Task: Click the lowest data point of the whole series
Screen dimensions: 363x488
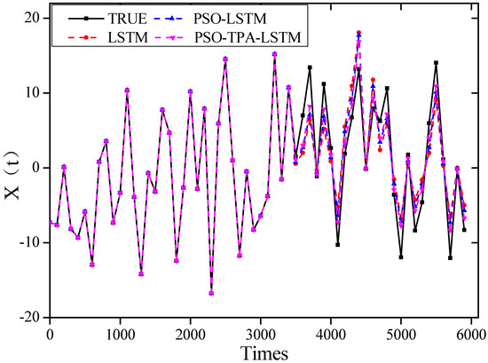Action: pos(211,292)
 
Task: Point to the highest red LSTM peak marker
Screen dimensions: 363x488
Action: pos(358,33)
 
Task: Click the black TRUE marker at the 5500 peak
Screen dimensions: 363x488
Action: pos(436,63)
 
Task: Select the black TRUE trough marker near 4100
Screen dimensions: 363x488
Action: pos(338,244)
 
